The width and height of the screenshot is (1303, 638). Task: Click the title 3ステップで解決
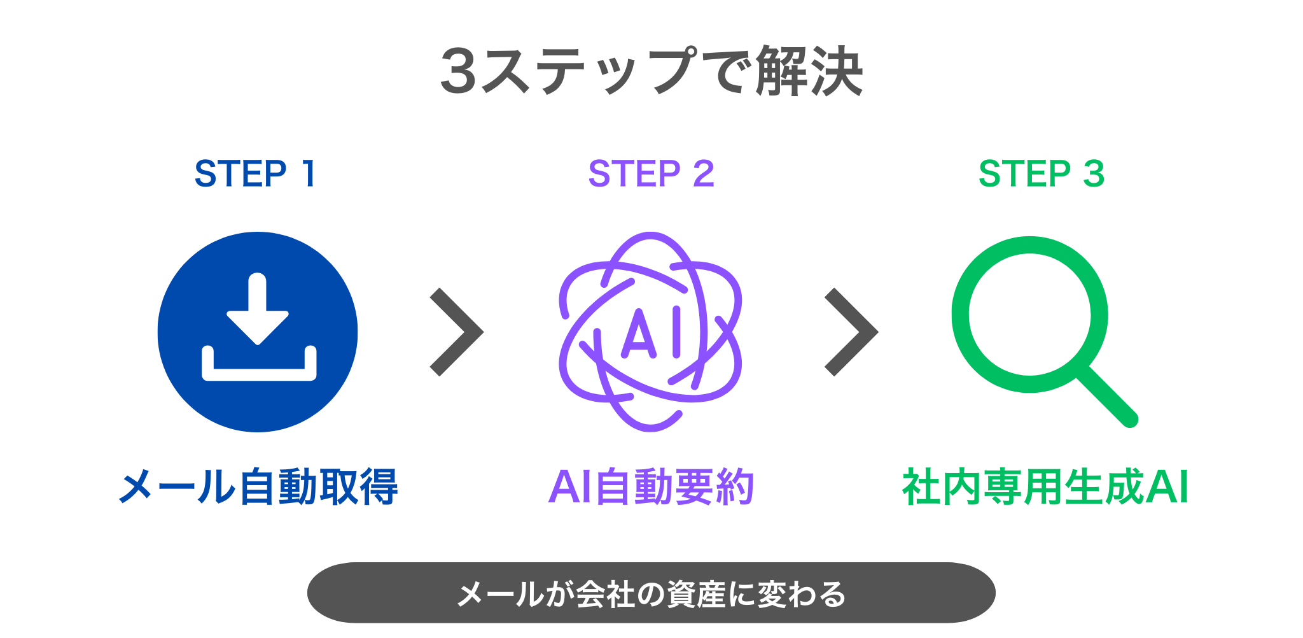pos(651,71)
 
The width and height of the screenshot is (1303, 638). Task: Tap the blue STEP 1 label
pos(255,174)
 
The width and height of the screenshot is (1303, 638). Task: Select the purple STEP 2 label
pos(651,174)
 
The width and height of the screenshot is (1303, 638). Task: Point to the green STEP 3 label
pos(1041,174)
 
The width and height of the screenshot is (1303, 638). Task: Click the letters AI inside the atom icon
pos(651,332)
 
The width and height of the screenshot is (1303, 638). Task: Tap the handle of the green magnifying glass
pos(1107,397)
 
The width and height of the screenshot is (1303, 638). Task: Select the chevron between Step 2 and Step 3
pos(851,332)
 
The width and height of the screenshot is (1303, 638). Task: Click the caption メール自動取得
pos(258,487)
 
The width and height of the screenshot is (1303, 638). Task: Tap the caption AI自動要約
pos(651,487)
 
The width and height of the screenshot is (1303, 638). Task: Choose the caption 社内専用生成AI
pos(1045,487)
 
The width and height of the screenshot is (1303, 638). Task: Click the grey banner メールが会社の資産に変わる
pos(651,593)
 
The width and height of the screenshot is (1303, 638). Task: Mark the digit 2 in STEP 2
pos(703,174)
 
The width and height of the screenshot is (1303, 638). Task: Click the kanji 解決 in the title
pos(809,71)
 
